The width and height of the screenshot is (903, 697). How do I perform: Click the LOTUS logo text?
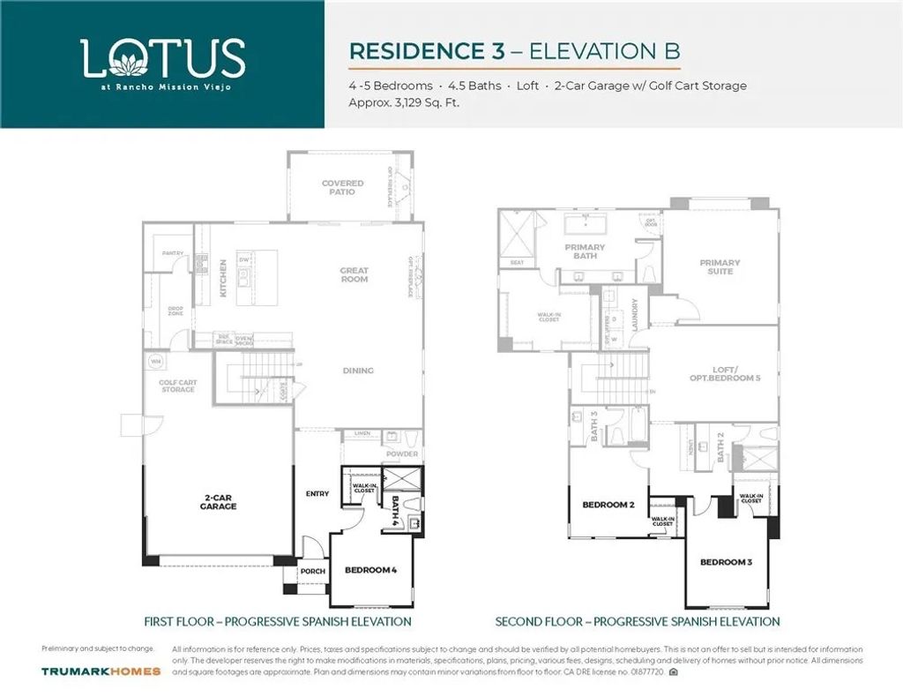coord(162,58)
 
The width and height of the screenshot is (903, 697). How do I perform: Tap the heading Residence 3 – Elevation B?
coord(514,50)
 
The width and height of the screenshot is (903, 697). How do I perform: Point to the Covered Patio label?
coord(342,188)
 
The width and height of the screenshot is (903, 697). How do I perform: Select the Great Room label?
coord(354,274)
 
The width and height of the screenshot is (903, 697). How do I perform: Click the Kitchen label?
coord(223,277)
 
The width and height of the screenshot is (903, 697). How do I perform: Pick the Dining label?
coord(358,371)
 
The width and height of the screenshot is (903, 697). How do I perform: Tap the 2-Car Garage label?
coord(217,502)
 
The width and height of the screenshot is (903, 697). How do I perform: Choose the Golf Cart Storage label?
coord(178,386)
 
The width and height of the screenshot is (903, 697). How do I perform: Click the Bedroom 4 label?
coord(370,570)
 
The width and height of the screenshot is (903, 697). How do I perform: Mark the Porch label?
coord(313,571)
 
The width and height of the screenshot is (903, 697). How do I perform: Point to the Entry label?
coord(317,493)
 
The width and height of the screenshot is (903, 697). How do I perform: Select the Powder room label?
coord(403,454)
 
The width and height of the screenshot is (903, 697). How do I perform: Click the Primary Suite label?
coord(720,266)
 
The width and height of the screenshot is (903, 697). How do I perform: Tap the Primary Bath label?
coord(585,251)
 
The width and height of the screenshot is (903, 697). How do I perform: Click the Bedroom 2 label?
coord(608,505)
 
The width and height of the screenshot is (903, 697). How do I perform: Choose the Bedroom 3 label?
coord(726,562)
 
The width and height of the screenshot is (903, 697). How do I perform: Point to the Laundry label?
coord(635,314)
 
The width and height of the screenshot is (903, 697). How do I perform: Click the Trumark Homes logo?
coord(101,671)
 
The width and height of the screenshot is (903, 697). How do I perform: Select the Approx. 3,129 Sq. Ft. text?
coord(405,102)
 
